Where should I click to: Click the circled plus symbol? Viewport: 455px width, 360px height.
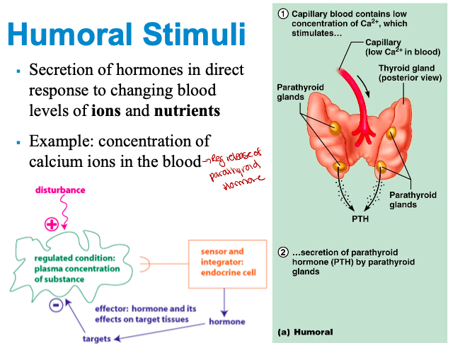pos(52,224)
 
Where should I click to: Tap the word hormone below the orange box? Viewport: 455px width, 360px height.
pos(227,322)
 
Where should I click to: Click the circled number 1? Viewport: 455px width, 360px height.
pos(283,13)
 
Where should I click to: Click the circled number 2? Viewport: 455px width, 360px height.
pos(282,252)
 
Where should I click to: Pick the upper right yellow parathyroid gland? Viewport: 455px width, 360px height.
pos(391,133)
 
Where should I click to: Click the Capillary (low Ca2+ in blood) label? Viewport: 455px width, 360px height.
pos(401,47)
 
